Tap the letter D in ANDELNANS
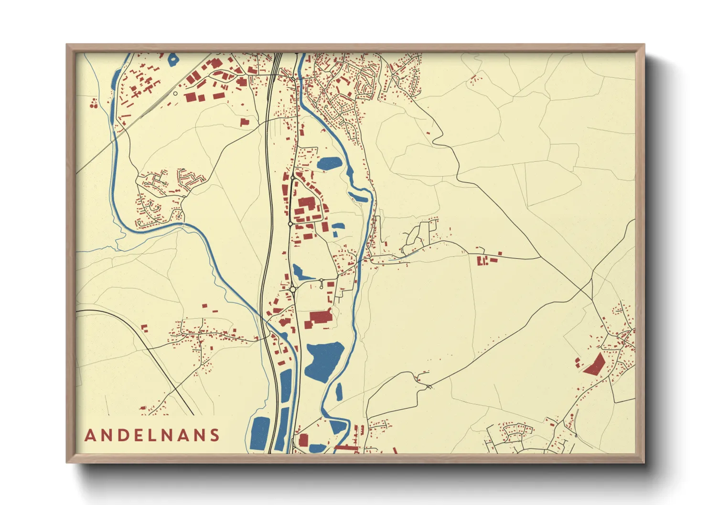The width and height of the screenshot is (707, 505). tap(122, 435)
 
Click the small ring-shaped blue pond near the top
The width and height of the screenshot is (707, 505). tap(173, 60)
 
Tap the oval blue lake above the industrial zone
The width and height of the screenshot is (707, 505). tap(330, 164)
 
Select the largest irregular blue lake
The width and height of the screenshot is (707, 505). tap(323, 361)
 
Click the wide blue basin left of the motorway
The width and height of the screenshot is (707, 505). tap(261, 432)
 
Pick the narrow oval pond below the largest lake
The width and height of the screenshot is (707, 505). tap(339, 391)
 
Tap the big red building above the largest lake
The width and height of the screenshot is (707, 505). tap(321, 317)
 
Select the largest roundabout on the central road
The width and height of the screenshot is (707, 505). tap(293, 289)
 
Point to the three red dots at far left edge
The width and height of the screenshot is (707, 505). tap(94, 103)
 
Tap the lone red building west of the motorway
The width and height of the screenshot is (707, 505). tap(245, 122)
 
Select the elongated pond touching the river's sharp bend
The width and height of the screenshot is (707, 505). tap(358, 196)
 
